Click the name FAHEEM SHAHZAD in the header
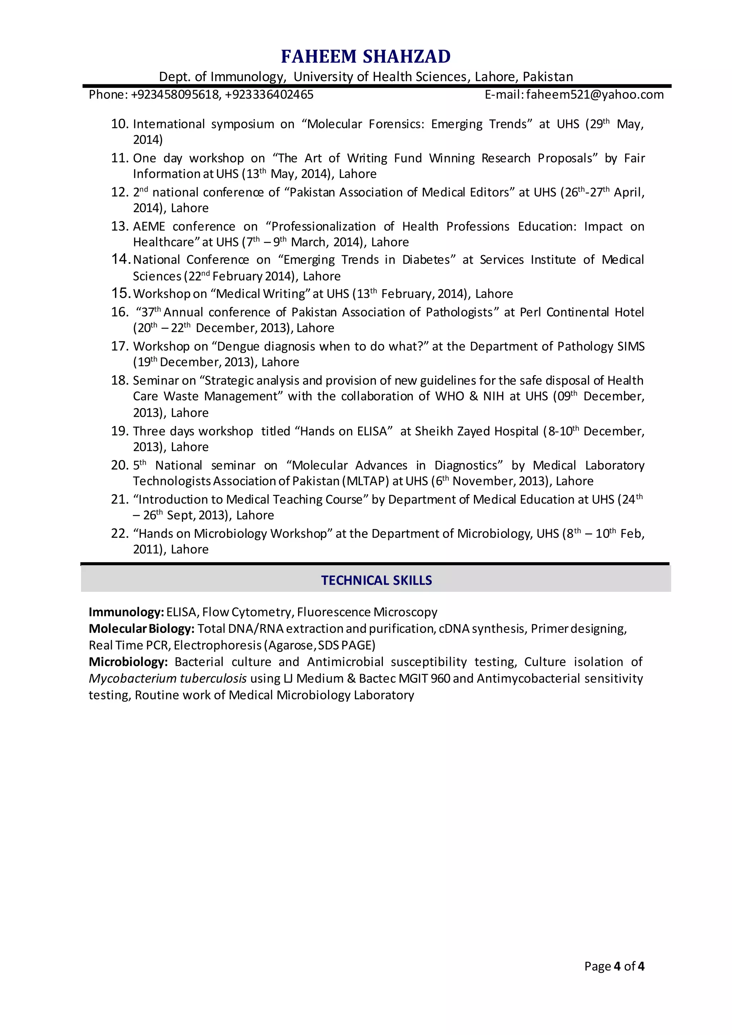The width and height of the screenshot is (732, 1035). click(x=366, y=57)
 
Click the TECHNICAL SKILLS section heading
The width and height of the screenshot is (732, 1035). click(x=376, y=580)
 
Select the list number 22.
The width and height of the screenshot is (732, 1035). click(x=119, y=533)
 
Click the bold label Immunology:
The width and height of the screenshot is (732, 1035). click(x=126, y=612)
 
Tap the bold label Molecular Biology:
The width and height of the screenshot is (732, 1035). click(x=142, y=629)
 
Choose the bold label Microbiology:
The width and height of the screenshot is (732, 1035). click(x=128, y=662)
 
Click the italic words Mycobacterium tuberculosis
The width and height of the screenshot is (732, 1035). click(x=168, y=679)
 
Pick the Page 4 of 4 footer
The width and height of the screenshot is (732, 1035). click(x=614, y=966)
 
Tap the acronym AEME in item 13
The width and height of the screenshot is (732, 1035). click(x=149, y=226)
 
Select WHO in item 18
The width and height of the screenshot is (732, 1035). click(x=449, y=396)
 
